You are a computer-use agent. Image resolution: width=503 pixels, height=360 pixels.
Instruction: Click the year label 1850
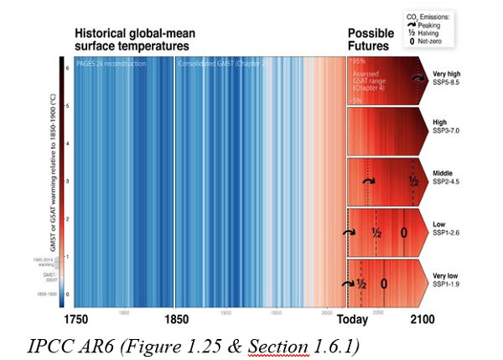click(x=175, y=320)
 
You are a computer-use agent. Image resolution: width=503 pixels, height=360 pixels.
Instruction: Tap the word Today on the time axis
click(x=353, y=320)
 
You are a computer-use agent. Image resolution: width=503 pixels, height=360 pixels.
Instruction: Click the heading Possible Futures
click(x=370, y=39)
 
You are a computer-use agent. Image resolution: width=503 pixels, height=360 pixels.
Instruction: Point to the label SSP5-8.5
click(x=449, y=82)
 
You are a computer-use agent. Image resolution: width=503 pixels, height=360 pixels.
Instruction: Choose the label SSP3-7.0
click(x=449, y=131)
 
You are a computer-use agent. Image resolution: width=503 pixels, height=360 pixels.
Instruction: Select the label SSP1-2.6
click(x=449, y=231)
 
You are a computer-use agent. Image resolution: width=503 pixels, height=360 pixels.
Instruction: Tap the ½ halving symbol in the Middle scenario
click(x=413, y=181)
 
